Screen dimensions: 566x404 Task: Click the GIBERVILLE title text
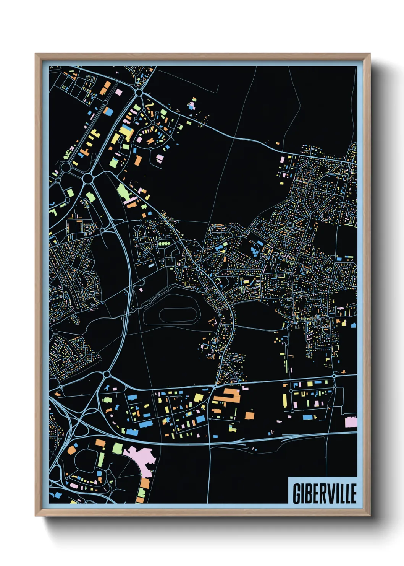click(x=325, y=493)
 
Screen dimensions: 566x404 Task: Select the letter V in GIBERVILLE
click(x=329, y=493)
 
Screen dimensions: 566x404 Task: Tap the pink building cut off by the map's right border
click(x=351, y=422)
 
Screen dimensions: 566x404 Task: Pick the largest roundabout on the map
click(x=88, y=178)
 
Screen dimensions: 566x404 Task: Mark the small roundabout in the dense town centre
click(x=198, y=269)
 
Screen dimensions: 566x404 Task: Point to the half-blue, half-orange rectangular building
click(x=108, y=111)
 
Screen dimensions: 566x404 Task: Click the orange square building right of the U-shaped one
click(x=249, y=415)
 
